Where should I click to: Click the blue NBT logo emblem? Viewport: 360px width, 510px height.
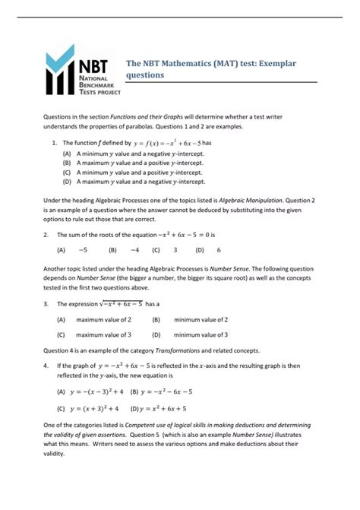[x=61, y=75]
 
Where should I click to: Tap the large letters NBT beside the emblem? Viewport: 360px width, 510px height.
[x=96, y=62]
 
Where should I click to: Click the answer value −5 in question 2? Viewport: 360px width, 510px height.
[x=83, y=249]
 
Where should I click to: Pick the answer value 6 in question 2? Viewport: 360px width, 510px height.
[x=219, y=249]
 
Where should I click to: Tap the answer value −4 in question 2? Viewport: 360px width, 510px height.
[x=134, y=249]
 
